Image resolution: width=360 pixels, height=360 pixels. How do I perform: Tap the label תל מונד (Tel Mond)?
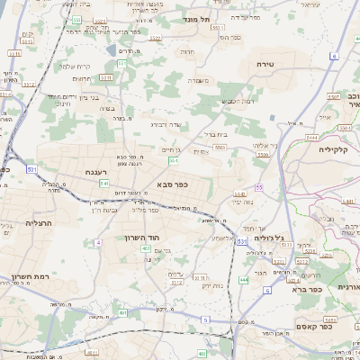(192, 18)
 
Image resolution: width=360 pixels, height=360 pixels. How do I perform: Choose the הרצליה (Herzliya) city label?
(40, 222)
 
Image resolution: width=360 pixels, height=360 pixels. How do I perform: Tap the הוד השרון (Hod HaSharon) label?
(141, 238)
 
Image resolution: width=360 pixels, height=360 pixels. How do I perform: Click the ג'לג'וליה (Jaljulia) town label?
(269, 238)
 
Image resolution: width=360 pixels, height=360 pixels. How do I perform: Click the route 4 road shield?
(97, 243)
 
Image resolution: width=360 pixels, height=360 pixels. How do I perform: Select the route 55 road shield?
(258, 187)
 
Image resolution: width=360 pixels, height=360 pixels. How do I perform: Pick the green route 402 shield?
(145, 260)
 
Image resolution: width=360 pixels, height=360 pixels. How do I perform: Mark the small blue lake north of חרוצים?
(110, 50)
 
